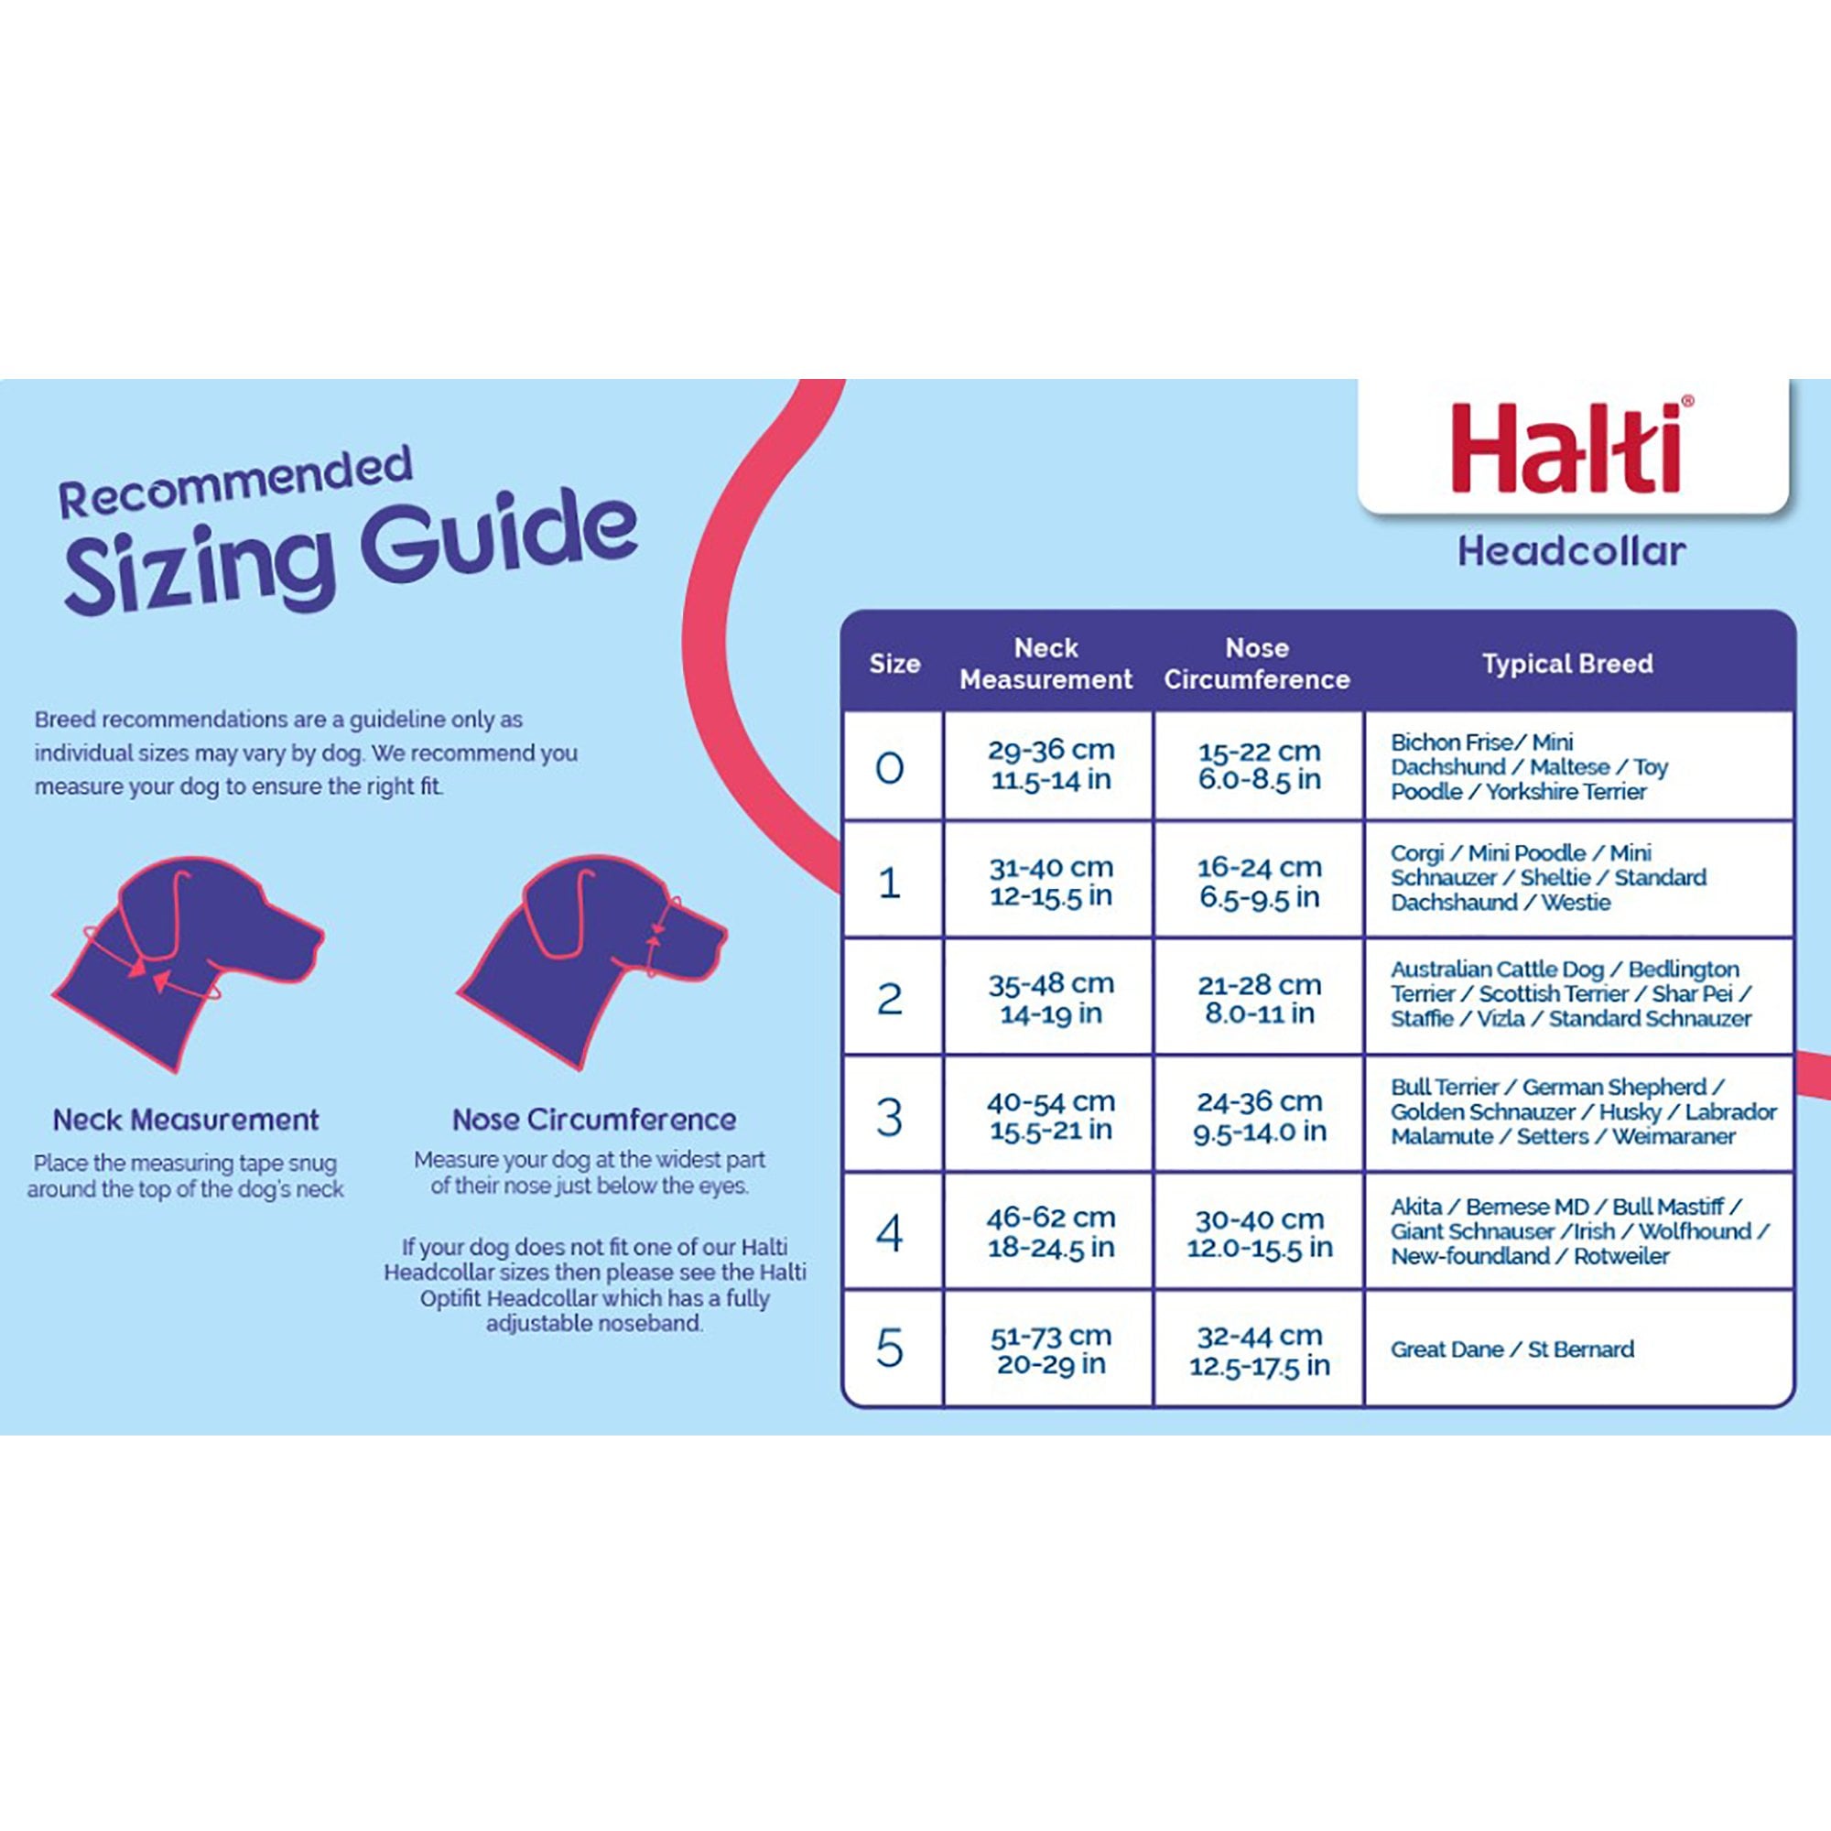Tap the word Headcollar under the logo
[x=1571, y=551]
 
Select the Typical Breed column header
[x=1567, y=664]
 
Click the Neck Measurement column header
[x=1046, y=664]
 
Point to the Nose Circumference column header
[x=1257, y=664]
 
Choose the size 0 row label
[x=890, y=766]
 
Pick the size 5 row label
[x=890, y=1349]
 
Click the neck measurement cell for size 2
[x=1050, y=999]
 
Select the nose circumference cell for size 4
[x=1259, y=1233]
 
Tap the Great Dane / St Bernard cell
[x=1511, y=1349]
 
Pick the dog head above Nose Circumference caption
[x=592, y=962]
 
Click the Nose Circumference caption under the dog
[x=593, y=1121]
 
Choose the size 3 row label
[x=890, y=1116]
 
